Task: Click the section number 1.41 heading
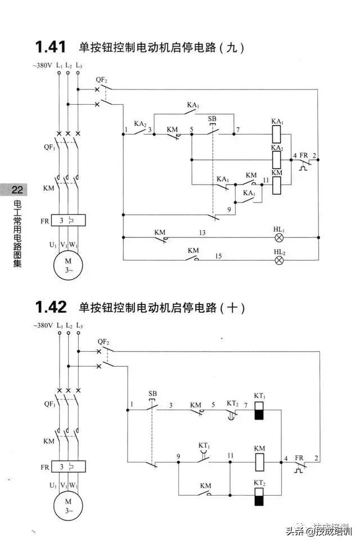point(51,47)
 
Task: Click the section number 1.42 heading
point(51,307)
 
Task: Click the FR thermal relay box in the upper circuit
point(67,220)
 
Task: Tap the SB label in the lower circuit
point(152,393)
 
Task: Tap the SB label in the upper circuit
point(212,119)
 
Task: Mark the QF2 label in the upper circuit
point(102,80)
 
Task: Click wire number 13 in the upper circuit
point(201,232)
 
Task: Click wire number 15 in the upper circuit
point(218,256)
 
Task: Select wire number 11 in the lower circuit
point(230,455)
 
